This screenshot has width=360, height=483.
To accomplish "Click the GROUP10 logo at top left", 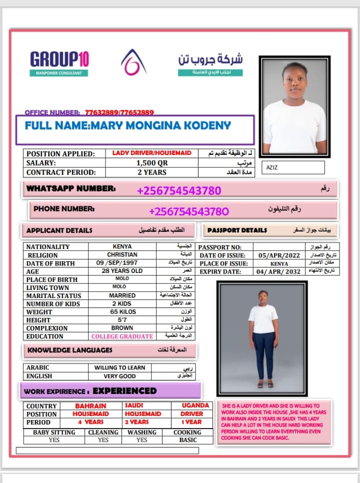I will point(59,60).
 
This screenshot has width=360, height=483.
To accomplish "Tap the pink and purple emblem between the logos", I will point(133,61).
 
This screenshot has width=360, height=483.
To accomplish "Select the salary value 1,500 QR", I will point(151,163).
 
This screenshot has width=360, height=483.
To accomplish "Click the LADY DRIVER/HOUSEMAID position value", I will point(151,153).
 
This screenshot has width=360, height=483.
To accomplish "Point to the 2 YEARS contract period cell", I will point(151,172).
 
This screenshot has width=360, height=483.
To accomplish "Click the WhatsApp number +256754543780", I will point(178,190).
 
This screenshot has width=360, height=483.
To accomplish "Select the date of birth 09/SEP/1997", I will point(122,263).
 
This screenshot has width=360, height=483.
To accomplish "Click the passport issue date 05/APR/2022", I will point(279,255).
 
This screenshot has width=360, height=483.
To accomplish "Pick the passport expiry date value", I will point(279,271).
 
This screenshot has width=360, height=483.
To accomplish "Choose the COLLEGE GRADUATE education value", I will point(122,336).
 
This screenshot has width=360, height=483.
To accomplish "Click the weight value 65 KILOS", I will point(122,311).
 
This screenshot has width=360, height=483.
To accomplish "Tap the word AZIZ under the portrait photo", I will point(272,168).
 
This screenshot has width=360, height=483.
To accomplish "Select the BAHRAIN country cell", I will point(91,406).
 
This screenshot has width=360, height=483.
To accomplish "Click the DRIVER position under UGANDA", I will point(192,414).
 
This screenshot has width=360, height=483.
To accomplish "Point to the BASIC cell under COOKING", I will point(187,440).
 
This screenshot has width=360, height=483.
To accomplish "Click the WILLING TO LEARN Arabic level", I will point(120,367).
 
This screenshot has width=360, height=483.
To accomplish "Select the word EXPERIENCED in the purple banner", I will point(124,391).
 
